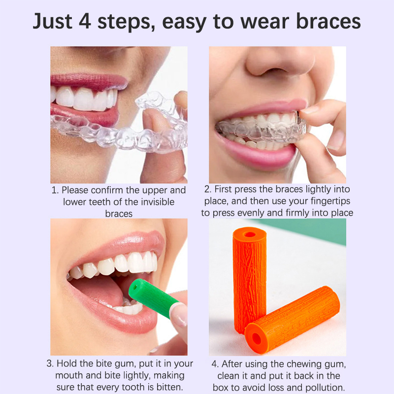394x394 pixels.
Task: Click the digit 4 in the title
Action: tap(85, 21)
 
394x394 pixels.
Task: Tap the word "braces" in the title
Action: tap(328, 21)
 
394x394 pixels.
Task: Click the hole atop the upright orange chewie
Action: tap(250, 235)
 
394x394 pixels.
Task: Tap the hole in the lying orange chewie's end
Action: tap(257, 339)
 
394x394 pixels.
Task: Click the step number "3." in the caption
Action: tap(50, 363)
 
